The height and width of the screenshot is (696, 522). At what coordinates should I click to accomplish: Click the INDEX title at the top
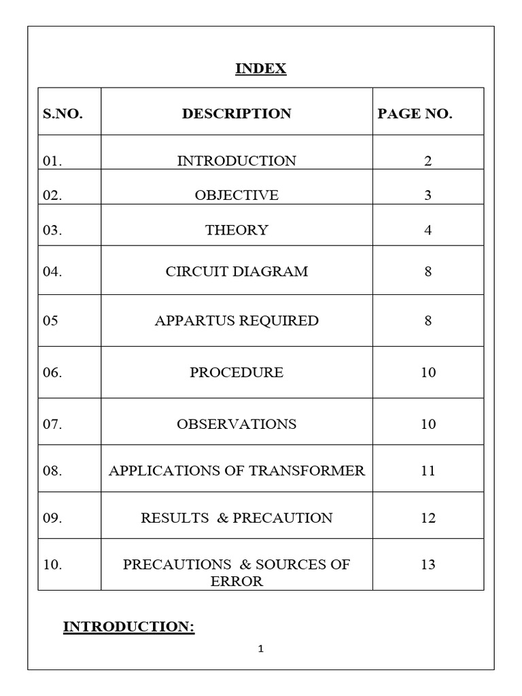pyautogui.click(x=261, y=69)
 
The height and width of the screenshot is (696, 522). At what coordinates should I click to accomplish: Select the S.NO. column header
pyautogui.click(x=63, y=114)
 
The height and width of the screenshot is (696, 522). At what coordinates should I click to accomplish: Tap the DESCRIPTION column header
pyautogui.click(x=237, y=114)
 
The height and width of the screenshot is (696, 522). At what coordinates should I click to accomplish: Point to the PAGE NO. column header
pyautogui.click(x=415, y=114)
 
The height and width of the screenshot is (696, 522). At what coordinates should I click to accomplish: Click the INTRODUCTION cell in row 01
pyautogui.click(x=237, y=161)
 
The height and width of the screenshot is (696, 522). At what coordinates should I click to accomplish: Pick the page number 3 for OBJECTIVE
pyautogui.click(x=428, y=196)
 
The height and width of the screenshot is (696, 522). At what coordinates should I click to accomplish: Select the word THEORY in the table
pyautogui.click(x=237, y=230)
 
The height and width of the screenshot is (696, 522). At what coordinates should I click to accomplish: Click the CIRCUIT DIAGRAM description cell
pyautogui.click(x=237, y=272)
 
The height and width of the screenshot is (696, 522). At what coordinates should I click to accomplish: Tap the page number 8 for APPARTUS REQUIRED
pyautogui.click(x=428, y=321)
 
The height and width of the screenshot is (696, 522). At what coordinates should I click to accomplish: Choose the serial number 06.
pyautogui.click(x=53, y=373)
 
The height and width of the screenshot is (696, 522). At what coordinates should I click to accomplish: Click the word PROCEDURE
pyautogui.click(x=237, y=373)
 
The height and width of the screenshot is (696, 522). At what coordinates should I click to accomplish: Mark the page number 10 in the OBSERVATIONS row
pyautogui.click(x=428, y=425)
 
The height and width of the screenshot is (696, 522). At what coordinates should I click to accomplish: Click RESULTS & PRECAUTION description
pyautogui.click(x=237, y=518)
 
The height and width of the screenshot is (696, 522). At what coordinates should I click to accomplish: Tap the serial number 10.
pyautogui.click(x=53, y=565)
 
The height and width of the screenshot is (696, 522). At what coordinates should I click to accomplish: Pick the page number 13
pyautogui.click(x=428, y=565)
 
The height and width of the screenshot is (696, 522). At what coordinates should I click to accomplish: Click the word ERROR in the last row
pyautogui.click(x=237, y=582)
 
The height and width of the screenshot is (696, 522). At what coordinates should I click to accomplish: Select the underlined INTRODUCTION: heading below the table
pyautogui.click(x=129, y=627)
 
